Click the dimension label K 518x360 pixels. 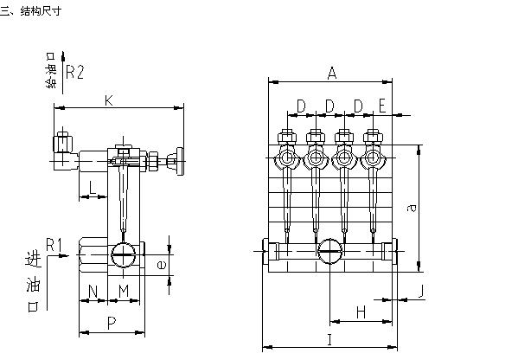[109, 100]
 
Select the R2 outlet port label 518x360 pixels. [75, 72]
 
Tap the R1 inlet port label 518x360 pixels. [54, 245]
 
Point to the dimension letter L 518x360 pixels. [93, 188]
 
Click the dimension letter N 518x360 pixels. [93, 292]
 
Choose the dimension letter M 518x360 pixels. [124, 291]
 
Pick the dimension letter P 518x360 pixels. [112, 323]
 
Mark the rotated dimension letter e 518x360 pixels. [162, 265]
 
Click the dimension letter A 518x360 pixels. [332, 73]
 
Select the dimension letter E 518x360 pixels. [382, 106]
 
